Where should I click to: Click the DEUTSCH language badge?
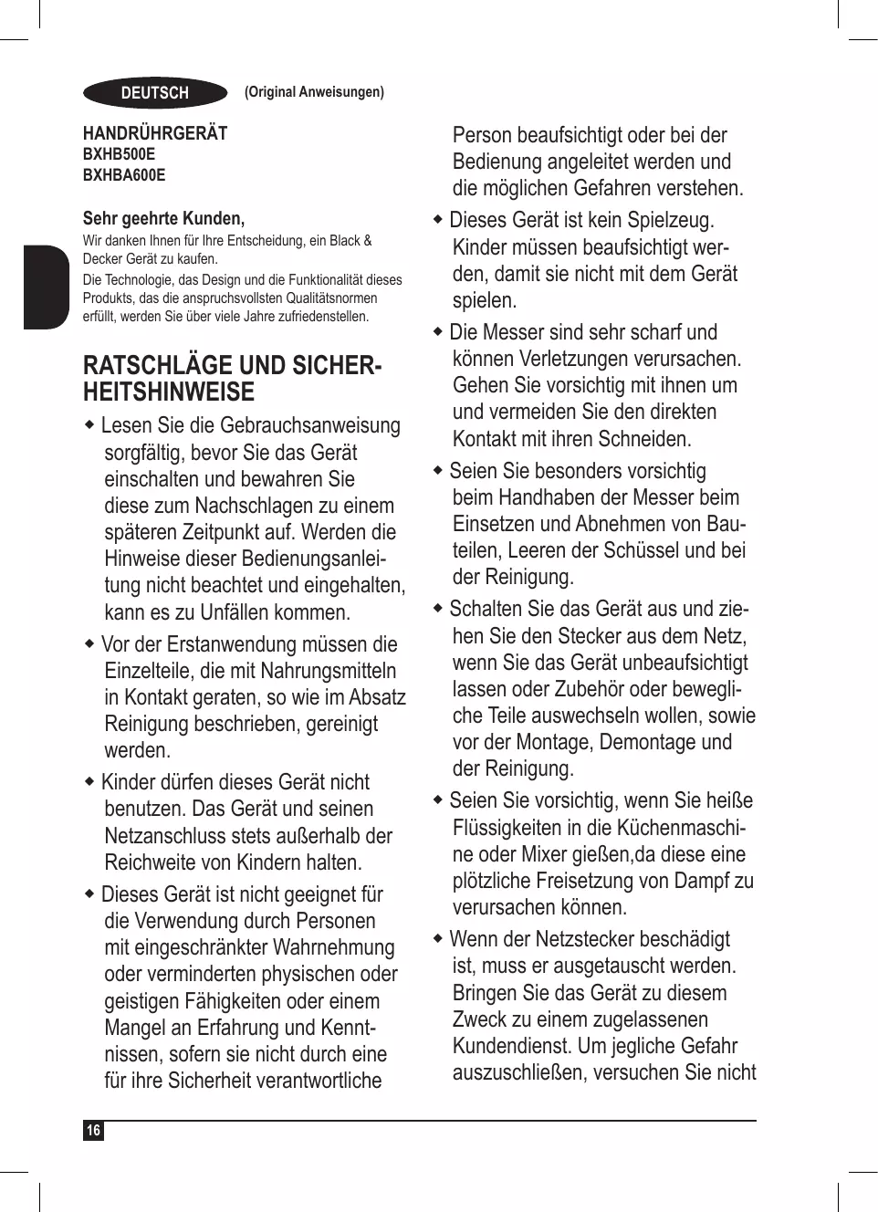click(154, 93)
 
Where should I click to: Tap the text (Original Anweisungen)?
click(314, 92)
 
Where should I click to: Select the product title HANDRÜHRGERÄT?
click(155, 133)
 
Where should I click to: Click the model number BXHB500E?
click(119, 154)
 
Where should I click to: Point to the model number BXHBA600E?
click(124, 175)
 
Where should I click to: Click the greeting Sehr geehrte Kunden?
click(163, 218)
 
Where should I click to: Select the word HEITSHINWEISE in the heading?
click(169, 392)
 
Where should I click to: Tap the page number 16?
click(93, 1131)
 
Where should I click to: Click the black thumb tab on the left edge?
click(46, 286)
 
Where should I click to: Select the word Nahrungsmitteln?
click(329, 671)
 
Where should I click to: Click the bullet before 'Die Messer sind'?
click(438, 331)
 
